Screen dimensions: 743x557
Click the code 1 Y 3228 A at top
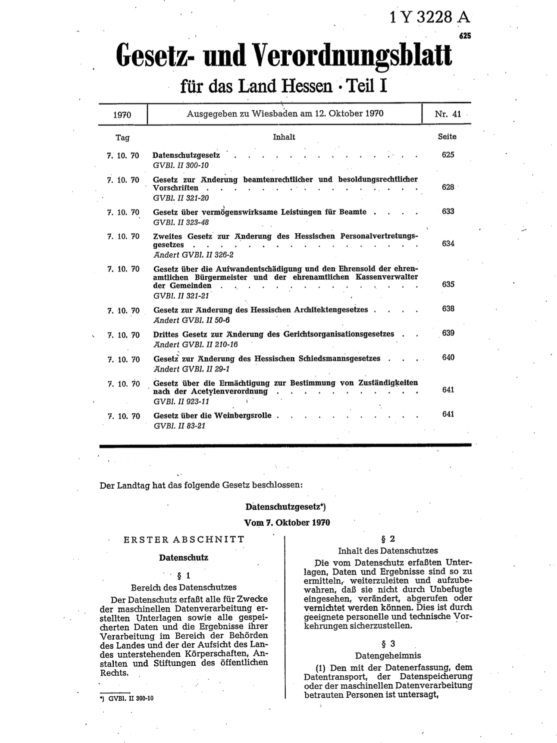click(x=429, y=17)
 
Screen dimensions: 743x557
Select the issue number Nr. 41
click(x=447, y=114)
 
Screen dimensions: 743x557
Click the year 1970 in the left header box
click(x=122, y=115)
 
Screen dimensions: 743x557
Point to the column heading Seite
click(x=447, y=137)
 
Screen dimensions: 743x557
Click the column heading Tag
click(x=122, y=137)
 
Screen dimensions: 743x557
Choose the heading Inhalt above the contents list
click(x=284, y=137)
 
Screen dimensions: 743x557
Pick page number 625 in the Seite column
click(x=448, y=155)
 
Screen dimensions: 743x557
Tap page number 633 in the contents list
click(x=448, y=211)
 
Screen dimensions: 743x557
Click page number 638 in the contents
click(x=448, y=309)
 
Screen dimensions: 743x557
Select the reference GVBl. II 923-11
click(x=181, y=401)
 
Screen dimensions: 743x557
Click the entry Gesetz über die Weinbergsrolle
click(x=213, y=415)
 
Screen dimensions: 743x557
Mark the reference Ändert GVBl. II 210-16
click(x=195, y=344)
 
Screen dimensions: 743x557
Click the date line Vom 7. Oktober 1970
click(x=287, y=523)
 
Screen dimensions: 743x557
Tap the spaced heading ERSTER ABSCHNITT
click(x=184, y=540)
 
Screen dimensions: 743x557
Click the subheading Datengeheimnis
click(x=388, y=656)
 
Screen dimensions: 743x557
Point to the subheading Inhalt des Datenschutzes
click(x=388, y=551)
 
